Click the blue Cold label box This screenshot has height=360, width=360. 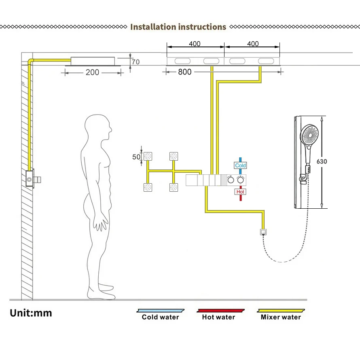(240, 165)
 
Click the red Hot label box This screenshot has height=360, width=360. (240, 192)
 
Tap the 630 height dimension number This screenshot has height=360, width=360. (322, 161)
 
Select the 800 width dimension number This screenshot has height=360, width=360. (184, 72)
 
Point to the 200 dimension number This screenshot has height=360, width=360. (92, 72)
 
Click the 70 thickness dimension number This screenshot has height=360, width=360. (136, 62)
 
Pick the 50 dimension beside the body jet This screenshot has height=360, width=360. (136, 157)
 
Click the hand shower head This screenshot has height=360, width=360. (309, 135)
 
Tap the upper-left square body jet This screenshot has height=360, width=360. (148, 157)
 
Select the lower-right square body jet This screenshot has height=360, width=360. (174, 187)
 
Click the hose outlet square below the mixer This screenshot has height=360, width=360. (263, 232)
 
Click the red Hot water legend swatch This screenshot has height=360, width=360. (220, 311)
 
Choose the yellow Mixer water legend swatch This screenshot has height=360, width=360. (281, 311)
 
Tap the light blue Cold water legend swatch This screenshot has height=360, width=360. (161, 311)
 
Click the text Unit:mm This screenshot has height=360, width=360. (31, 313)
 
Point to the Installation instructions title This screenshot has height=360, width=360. (178, 27)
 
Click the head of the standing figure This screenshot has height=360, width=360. (98, 127)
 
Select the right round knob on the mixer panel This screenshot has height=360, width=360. (240, 180)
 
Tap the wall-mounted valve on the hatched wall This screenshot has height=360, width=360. (30, 179)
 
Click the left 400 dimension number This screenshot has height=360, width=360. (195, 44)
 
